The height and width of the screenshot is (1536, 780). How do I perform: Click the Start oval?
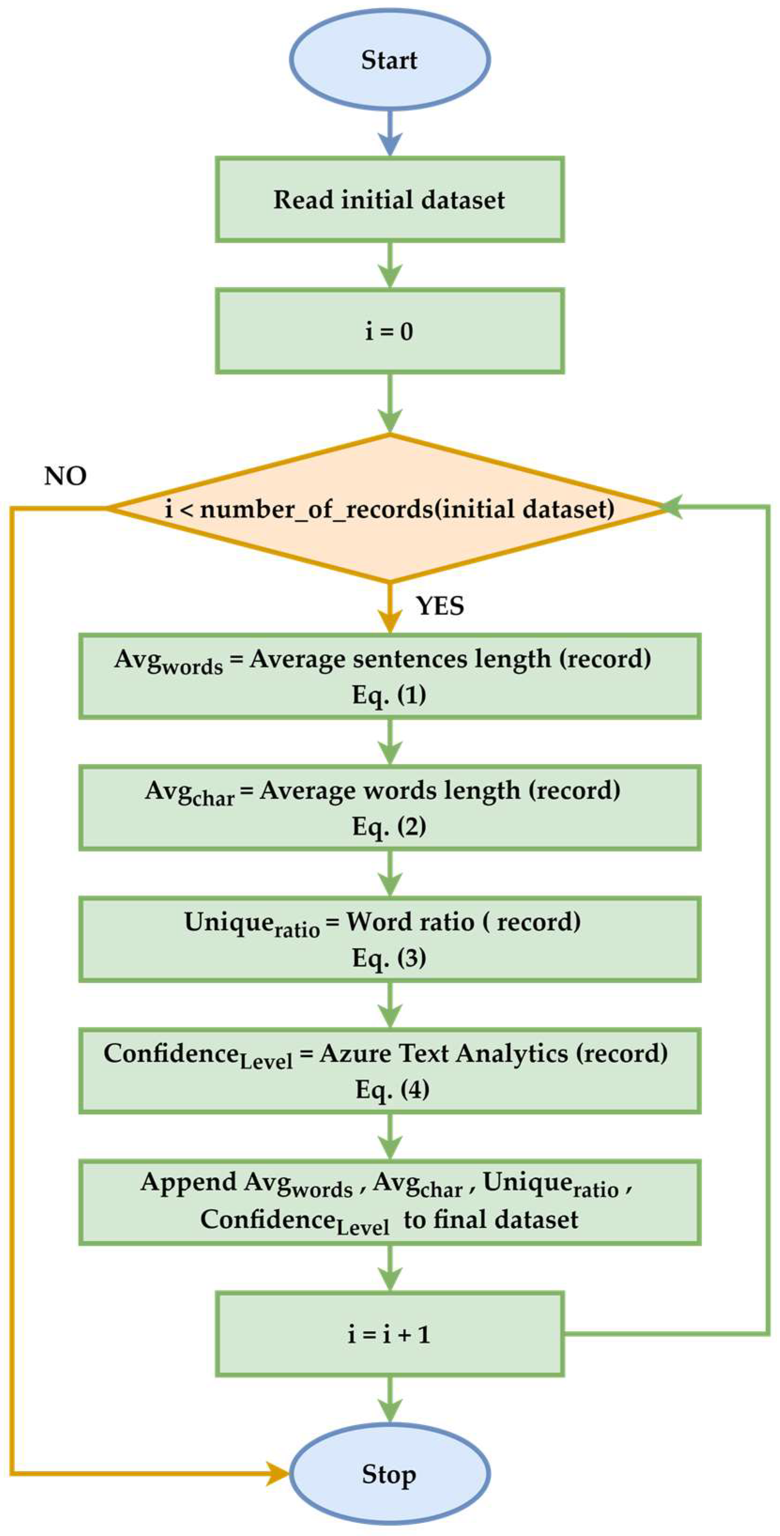point(390,60)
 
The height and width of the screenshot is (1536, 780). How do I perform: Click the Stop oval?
point(390,1475)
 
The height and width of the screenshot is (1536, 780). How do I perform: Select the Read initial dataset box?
point(390,200)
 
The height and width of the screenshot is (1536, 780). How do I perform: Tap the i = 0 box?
point(390,331)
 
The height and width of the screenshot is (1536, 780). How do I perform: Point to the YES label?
point(440,607)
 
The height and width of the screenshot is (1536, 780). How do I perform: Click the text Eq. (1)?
point(389,695)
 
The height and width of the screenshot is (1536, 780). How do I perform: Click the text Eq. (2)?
point(389,826)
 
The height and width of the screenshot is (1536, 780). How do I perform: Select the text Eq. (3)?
point(389,958)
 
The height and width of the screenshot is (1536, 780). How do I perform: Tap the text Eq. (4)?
point(392,1090)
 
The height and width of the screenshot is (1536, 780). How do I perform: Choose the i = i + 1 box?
point(390,1334)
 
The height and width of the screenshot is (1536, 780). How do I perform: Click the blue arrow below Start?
point(390,134)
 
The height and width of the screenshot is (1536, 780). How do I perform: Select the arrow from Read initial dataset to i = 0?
point(390,265)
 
